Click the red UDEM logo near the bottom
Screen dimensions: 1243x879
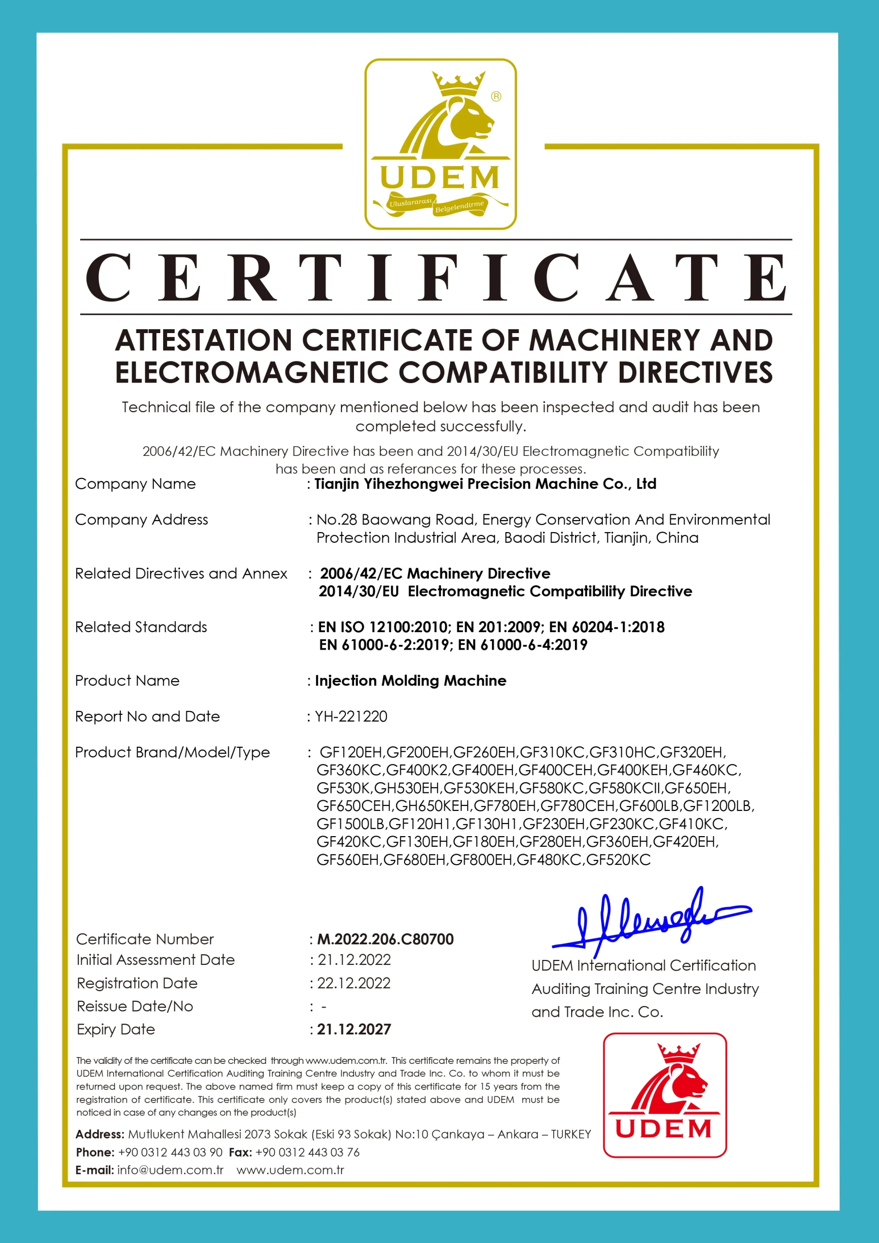(x=664, y=1094)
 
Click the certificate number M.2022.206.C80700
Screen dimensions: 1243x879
(x=385, y=939)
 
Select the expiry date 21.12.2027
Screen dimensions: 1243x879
(x=354, y=1029)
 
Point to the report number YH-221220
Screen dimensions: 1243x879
(x=351, y=716)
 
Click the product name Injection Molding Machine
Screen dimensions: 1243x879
(x=410, y=681)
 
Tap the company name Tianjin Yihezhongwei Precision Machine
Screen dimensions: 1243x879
(x=485, y=484)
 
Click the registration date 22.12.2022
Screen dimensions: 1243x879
(x=354, y=983)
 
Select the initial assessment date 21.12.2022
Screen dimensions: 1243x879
(x=354, y=960)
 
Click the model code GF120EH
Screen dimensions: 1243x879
(x=351, y=752)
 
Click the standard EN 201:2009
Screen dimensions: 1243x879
(x=498, y=627)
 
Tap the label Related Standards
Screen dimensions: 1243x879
(x=141, y=627)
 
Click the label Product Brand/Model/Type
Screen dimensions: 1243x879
(x=172, y=752)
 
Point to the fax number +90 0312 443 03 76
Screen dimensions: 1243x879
(x=307, y=1152)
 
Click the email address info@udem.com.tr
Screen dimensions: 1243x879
(x=170, y=1170)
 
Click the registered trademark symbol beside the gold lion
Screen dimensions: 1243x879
(x=496, y=96)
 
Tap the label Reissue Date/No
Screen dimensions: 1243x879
(x=135, y=1007)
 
